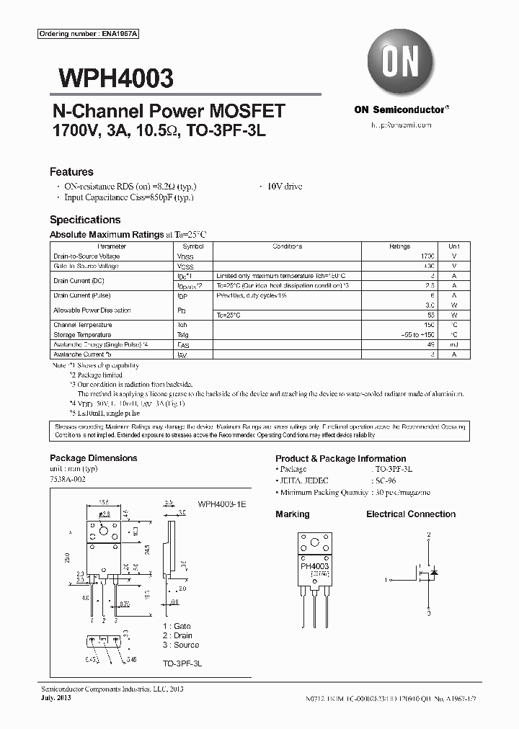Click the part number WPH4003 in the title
(111, 78)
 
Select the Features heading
(71, 172)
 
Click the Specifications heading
(85, 220)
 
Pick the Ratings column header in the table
(399, 246)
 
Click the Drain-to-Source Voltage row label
(86, 256)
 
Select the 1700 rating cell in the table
(427, 256)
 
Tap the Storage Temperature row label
(82, 335)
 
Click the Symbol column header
(193, 246)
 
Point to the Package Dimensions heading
(93, 458)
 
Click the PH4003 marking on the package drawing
(315, 566)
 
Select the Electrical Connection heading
(411, 514)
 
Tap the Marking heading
(292, 514)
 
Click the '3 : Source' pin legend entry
(181, 645)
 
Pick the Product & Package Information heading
(340, 459)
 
